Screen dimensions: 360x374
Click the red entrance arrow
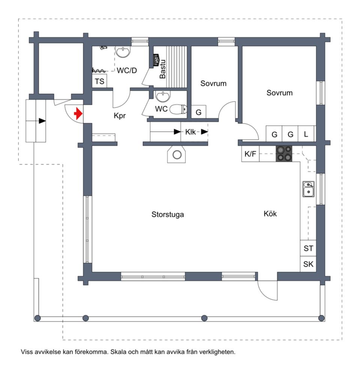coord(78,113)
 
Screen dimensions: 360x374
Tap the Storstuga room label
coord(168,214)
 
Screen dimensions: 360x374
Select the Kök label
coord(270,214)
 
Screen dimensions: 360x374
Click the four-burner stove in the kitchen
coord(284,154)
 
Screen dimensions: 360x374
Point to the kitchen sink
coord(308,189)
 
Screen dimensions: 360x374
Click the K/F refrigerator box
coord(250,154)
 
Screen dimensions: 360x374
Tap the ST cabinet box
coord(308,248)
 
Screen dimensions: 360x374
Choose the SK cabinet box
coord(308,264)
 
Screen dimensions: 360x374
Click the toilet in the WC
coord(178,109)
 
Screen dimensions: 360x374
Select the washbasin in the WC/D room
coord(123,52)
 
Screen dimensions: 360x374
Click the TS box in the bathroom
coord(99,81)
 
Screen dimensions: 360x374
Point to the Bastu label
coord(163,69)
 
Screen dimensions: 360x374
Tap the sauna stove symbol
coord(156,61)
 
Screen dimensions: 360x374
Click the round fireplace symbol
coord(177,155)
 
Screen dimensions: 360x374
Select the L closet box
coord(306,134)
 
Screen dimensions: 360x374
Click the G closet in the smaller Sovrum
coord(199,112)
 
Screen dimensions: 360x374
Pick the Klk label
coord(190,132)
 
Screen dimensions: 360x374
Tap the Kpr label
coord(120,116)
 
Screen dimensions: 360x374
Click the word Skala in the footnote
coord(118,352)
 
